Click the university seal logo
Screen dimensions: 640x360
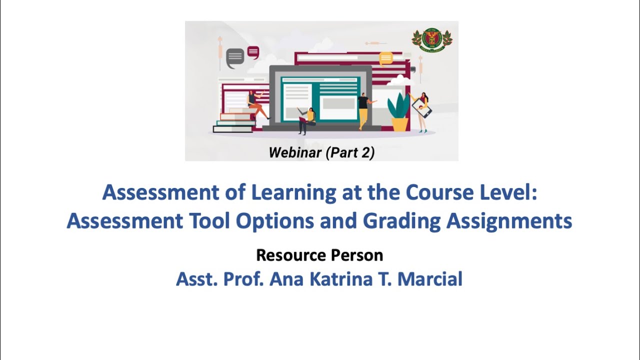(432, 40)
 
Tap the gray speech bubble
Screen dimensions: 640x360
(235, 58)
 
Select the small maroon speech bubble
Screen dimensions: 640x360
(253, 52)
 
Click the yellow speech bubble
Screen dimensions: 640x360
(386, 59)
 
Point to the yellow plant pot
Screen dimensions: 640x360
(399, 124)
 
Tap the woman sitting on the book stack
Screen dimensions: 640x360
(256, 104)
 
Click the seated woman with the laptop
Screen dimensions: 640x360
(307, 120)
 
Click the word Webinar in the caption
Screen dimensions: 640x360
(295, 152)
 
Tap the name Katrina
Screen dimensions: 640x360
(341, 279)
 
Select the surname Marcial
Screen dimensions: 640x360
(430, 279)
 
